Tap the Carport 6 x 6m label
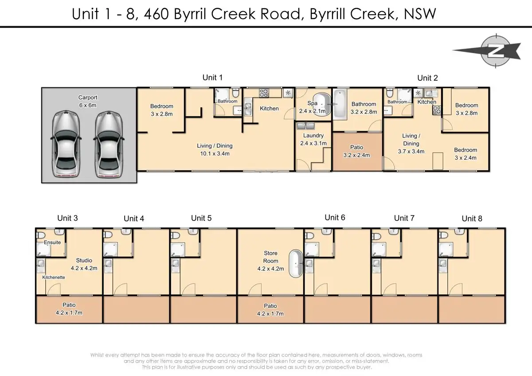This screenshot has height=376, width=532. coord(87,101)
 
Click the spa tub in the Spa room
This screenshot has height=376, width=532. coord(322,105)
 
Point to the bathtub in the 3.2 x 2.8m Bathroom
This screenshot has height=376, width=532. coord(340,104)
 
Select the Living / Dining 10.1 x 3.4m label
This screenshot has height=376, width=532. coord(215,149)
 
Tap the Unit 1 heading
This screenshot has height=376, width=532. coord(212,78)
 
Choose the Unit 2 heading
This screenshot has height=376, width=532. coord(427,78)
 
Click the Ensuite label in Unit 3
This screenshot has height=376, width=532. coord(52,243)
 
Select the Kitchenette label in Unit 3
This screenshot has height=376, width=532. coord(54,277)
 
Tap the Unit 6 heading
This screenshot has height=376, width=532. coord(335,217)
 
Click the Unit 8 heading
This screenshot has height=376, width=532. coord(472,218)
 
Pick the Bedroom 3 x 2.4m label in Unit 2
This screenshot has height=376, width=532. coord(465,153)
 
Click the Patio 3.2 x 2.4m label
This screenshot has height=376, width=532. coord(356,151)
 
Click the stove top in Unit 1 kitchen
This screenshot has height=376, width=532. coord(264,93)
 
